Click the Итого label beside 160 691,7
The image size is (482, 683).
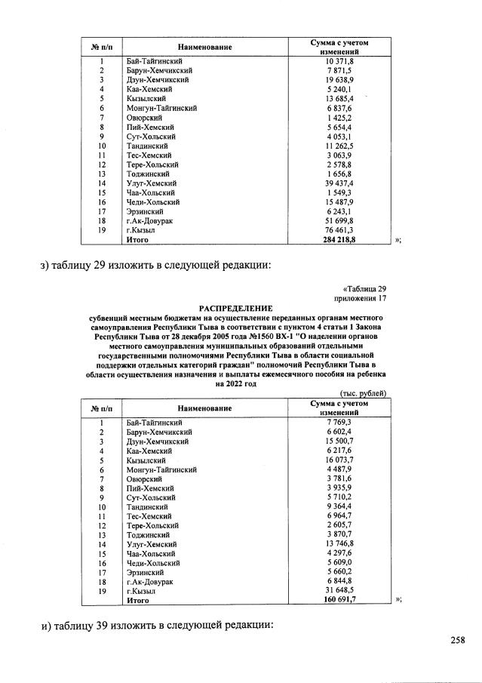(x=138, y=601)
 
